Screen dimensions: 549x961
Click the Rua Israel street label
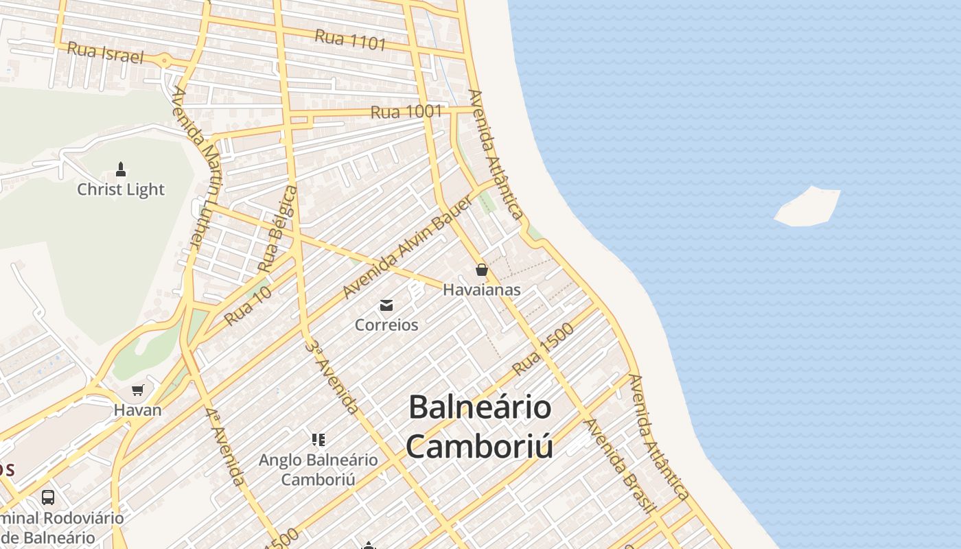tap(106, 52)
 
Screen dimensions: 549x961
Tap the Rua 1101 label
tap(350, 40)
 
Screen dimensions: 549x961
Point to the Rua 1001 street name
tap(406, 112)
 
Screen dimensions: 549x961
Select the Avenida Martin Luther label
tap(198, 168)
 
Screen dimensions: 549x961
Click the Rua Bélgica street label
tap(278, 228)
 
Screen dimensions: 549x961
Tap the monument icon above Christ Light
tap(121, 169)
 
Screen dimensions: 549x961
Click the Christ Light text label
tap(121, 189)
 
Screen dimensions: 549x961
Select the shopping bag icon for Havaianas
tap(482, 270)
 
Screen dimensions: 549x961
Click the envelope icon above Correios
tap(386, 305)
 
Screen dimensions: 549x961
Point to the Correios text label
tap(386, 325)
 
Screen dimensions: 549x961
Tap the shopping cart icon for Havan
tap(138, 390)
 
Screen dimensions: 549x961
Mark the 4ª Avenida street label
tap(224, 446)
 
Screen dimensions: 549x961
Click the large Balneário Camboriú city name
tap(480, 426)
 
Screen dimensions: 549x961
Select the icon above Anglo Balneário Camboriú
tap(318, 439)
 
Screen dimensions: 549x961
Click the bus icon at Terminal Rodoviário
tap(48, 497)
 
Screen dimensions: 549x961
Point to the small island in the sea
tap(808, 207)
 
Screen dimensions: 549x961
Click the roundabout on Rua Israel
tap(165, 61)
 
